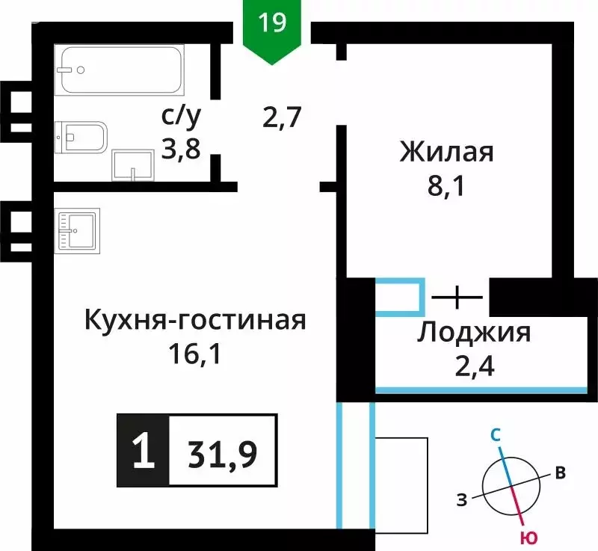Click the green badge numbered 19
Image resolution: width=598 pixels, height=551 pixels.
[x=273, y=24]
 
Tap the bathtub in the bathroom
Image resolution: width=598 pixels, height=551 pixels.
[x=121, y=70]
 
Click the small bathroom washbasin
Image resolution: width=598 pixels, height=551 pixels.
[x=132, y=164]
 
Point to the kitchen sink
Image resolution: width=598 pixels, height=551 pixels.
[x=75, y=231]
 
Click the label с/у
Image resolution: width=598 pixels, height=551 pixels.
[x=182, y=117]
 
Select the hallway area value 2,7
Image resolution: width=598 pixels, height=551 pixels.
[x=281, y=117]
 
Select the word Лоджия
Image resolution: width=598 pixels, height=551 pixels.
[x=474, y=332]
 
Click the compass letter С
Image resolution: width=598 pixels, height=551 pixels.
[x=495, y=434]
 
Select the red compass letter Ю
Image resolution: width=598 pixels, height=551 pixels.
[x=528, y=538]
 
